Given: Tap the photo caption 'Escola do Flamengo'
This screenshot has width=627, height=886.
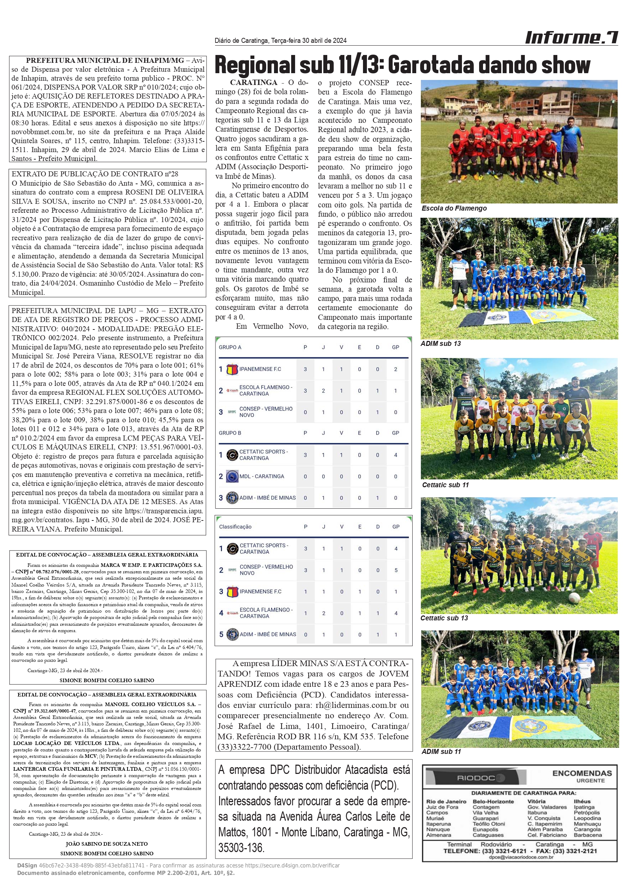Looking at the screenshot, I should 454,208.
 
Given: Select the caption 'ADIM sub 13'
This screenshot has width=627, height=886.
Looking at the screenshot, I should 441,343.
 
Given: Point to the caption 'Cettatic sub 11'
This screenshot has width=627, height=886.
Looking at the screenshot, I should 445,485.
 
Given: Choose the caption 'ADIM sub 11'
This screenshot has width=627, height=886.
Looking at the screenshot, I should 441,751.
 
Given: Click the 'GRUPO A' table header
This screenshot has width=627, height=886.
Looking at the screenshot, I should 230,347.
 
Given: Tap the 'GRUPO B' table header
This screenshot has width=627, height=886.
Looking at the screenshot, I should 230,433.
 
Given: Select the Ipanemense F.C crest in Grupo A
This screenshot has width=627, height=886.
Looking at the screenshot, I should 232,369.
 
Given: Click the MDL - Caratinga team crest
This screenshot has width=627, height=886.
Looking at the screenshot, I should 232,476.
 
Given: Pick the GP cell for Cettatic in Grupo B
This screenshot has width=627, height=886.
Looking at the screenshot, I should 395,455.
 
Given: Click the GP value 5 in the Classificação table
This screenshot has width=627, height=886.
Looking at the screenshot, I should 395,570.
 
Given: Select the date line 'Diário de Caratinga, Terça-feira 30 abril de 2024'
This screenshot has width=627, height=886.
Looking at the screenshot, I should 280,41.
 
